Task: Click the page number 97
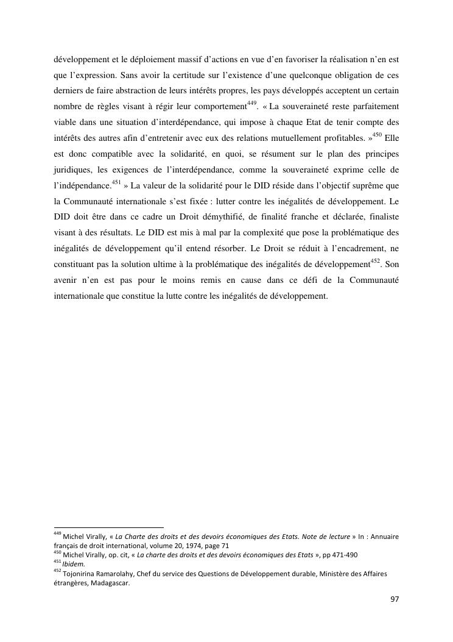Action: [x=395, y=599]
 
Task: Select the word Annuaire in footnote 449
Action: [x=382, y=537]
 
